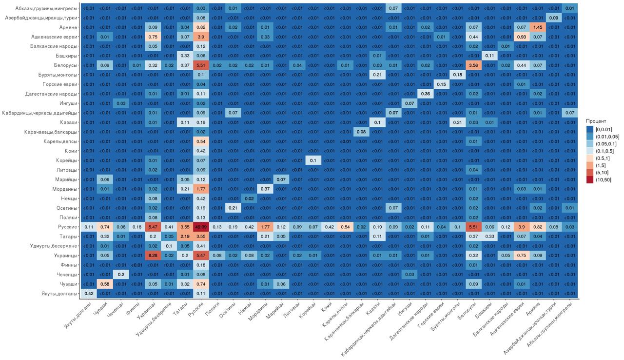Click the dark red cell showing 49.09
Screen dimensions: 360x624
pos(200,227)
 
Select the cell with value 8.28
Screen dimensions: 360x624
pos(153,255)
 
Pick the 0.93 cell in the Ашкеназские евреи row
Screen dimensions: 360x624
pos(521,37)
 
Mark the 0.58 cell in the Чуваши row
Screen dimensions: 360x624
pos(104,284)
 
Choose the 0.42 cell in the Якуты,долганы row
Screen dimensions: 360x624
pos(88,293)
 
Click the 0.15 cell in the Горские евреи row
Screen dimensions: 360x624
pos(441,84)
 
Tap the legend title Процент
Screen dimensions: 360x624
pos(596,121)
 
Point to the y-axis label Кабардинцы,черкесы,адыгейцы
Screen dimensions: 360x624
pos(43,113)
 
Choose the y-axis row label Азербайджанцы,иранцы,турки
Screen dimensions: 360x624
pos(41,18)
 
